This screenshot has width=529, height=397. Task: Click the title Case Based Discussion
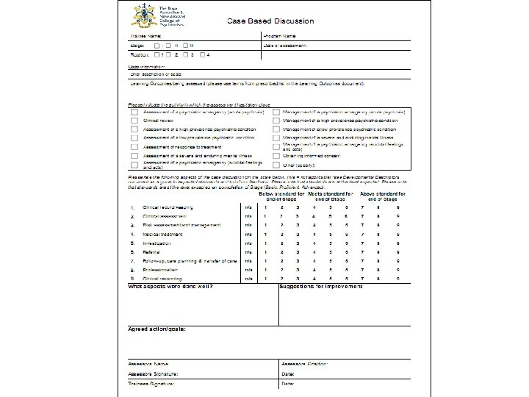click(x=270, y=21)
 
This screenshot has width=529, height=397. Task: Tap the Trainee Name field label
click(x=145, y=36)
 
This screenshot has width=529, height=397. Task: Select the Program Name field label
click(x=280, y=36)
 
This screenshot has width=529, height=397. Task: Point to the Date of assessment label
click(x=285, y=46)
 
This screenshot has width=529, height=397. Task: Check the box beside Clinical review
click(x=133, y=118)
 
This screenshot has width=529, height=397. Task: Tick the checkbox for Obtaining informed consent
click(x=276, y=155)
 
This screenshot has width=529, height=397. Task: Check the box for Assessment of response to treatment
click(x=133, y=146)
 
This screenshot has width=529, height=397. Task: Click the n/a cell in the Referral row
click(x=248, y=252)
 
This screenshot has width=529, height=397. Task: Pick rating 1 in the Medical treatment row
click(x=265, y=235)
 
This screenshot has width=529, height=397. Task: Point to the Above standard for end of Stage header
click(x=384, y=196)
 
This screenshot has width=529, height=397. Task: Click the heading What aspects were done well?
click(x=170, y=286)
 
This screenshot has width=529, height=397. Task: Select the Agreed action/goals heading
click(x=157, y=329)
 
